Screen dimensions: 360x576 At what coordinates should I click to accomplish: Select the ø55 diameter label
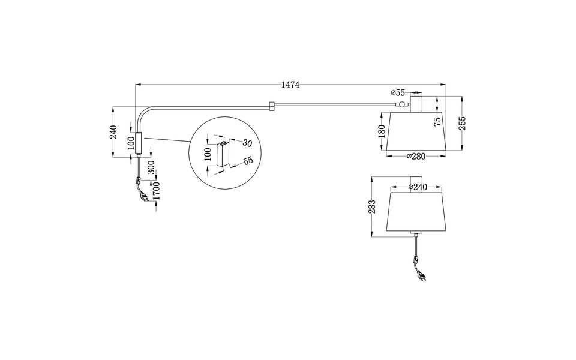click(x=398, y=92)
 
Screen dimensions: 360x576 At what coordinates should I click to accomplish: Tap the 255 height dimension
click(x=462, y=123)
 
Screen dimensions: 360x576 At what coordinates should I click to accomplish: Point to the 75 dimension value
click(x=437, y=121)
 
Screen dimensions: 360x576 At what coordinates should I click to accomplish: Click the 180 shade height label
click(x=382, y=132)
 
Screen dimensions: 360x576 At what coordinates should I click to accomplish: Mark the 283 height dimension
click(x=372, y=207)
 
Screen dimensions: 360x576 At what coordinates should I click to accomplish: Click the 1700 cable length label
click(x=155, y=191)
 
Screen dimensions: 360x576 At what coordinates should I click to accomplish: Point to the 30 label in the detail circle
click(x=247, y=143)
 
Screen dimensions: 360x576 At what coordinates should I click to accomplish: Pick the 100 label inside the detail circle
click(x=208, y=155)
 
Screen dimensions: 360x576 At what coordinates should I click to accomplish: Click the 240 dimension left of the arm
click(x=113, y=133)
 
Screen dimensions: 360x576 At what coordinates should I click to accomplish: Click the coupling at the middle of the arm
click(x=272, y=106)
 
